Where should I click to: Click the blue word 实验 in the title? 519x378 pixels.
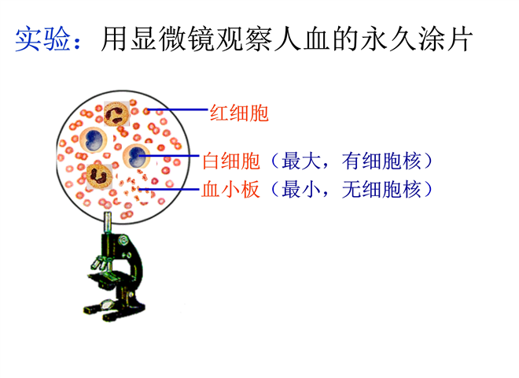[43, 39]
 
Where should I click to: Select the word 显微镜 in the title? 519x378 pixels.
[174, 39]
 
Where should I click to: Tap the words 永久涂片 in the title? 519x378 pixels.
[417, 39]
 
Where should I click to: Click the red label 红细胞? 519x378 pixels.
[239, 113]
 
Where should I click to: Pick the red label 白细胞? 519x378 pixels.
[231, 161]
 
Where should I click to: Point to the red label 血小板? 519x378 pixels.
[230, 189]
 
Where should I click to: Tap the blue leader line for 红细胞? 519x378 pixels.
[178, 109]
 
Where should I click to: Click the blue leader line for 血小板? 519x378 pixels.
[169, 189]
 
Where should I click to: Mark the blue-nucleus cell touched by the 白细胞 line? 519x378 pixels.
[136, 157]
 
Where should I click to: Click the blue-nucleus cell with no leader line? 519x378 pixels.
[94, 139]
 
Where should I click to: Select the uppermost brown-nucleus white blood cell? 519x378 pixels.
[116, 113]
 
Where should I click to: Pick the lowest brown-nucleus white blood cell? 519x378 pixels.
[99, 176]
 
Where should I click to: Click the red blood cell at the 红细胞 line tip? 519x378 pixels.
[146, 111]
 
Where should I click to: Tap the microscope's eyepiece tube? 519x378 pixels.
[108, 223]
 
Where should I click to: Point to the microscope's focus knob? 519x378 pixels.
[123, 239]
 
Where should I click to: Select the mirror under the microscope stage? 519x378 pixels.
[107, 302]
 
